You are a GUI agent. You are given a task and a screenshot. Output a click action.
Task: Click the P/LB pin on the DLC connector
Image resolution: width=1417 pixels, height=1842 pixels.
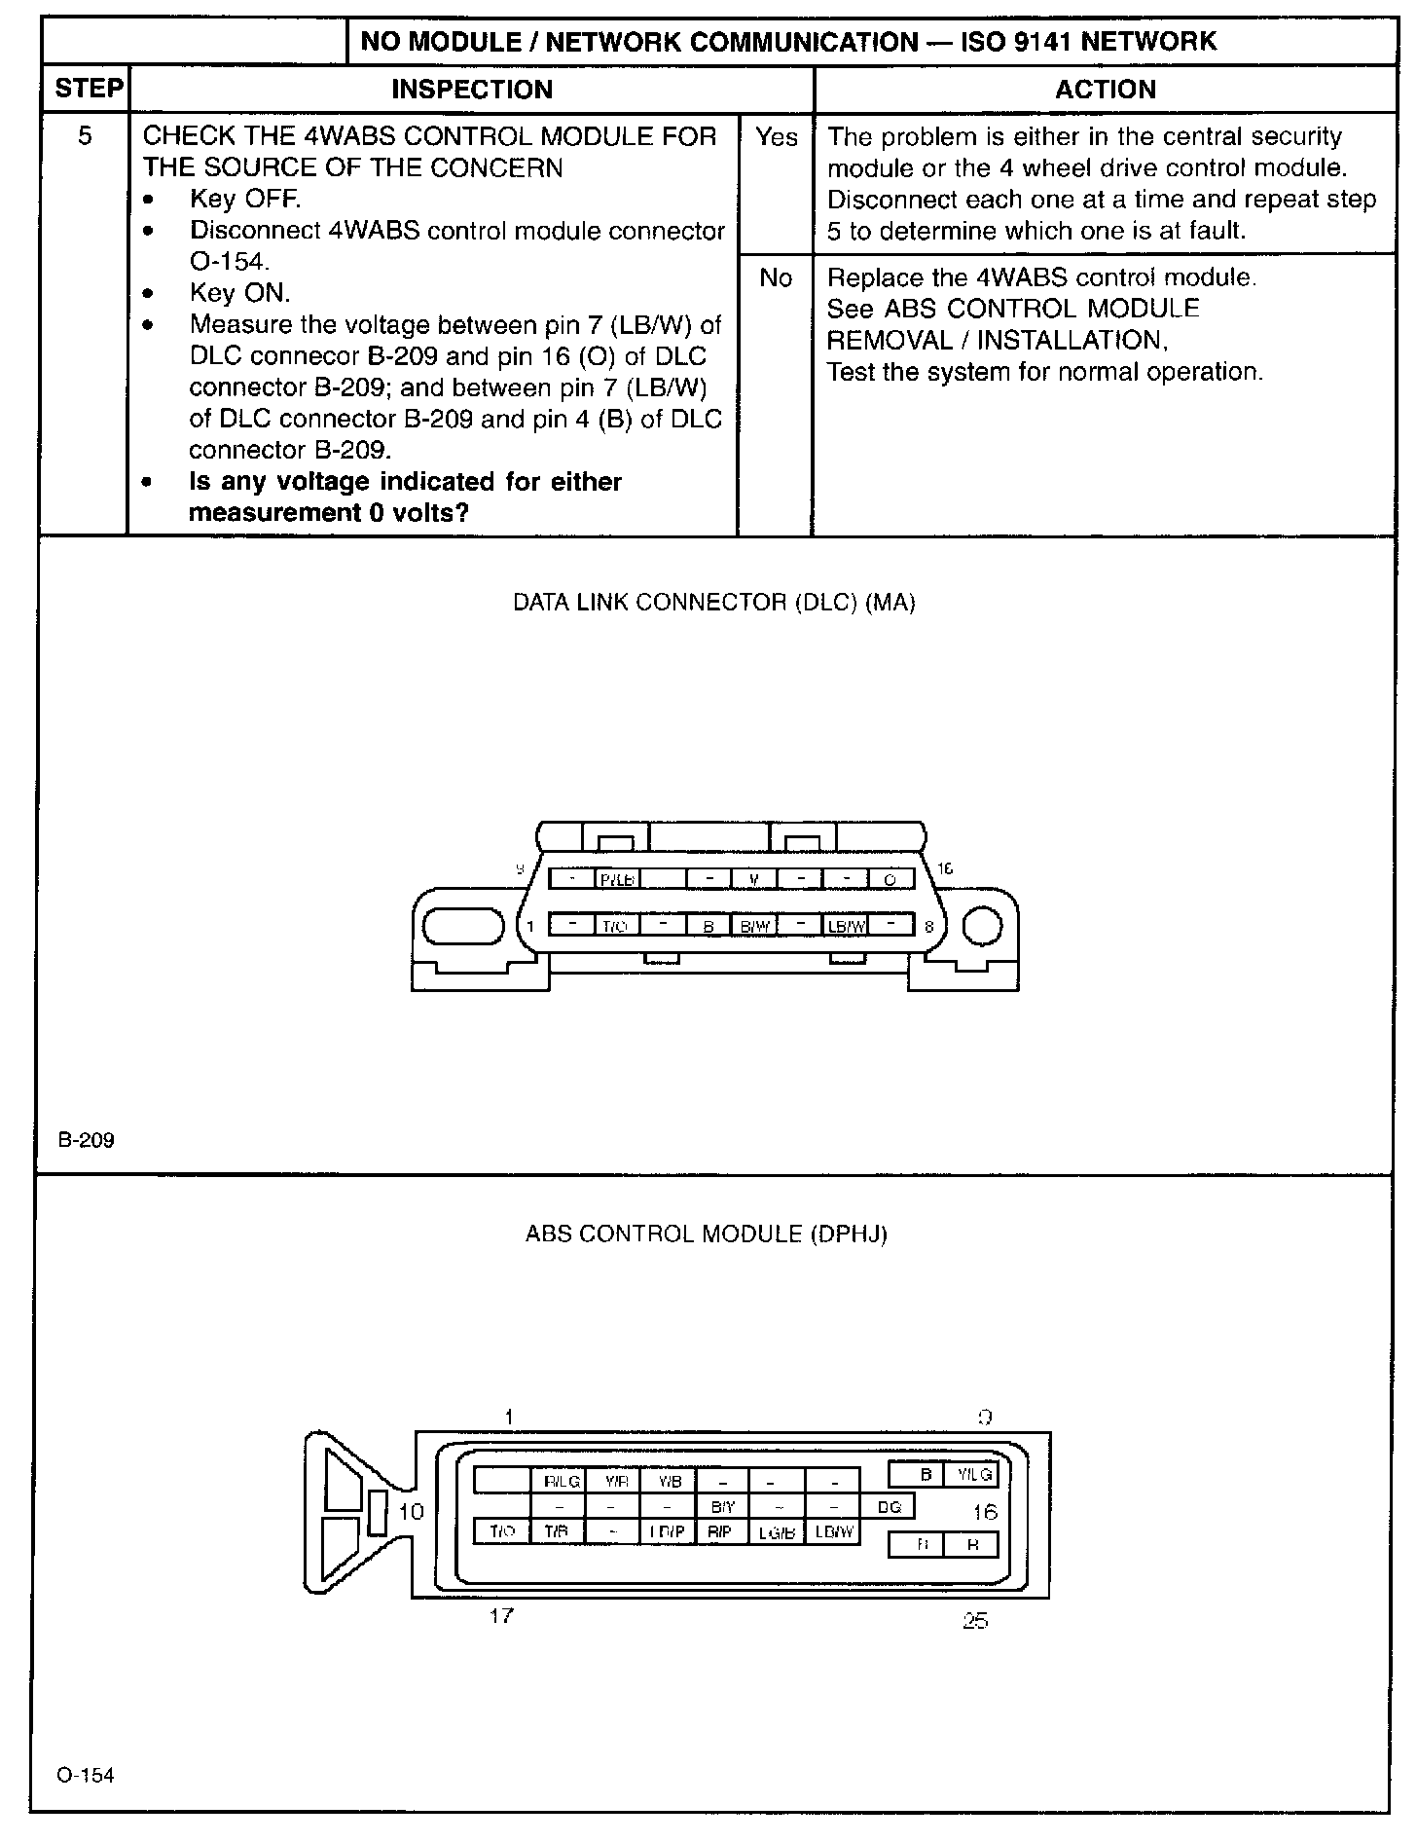[x=617, y=879]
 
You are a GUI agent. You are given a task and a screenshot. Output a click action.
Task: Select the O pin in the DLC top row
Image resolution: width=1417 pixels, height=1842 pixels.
[x=890, y=879]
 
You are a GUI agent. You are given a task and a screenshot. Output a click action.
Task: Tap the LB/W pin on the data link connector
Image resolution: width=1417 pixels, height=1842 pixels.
[x=845, y=926]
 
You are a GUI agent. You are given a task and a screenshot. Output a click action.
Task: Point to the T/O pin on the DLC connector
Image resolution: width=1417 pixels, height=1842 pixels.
[x=615, y=926]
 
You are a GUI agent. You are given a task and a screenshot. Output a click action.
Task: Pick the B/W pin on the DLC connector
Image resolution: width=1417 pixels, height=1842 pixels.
[x=754, y=926]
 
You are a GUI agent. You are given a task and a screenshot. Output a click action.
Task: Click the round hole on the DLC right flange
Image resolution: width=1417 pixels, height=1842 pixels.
[x=982, y=926]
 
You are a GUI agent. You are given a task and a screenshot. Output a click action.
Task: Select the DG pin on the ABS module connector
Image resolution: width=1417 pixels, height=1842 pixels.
[x=890, y=1507]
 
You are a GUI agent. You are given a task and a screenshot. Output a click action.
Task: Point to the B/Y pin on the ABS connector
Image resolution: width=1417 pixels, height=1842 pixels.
[x=722, y=1507]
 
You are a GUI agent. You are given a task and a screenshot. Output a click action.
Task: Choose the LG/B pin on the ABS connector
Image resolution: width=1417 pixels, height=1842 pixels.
[x=777, y=1532]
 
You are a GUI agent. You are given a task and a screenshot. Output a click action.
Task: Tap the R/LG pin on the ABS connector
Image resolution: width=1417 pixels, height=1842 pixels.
[x=562, y=1481]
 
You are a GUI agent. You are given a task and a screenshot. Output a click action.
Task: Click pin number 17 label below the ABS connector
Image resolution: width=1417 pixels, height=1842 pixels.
[x=501, y=1616]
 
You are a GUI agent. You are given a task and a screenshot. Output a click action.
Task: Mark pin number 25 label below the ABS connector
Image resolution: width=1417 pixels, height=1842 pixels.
[x=974, y=1621]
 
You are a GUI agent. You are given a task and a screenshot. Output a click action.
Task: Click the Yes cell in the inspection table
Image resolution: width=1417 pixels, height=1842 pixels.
[x=776, y=137]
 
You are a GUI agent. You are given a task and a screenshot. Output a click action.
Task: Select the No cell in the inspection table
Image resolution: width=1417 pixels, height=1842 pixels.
[x=776, y=278]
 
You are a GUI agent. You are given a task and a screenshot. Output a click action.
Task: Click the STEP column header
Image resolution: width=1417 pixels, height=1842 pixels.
[x=89, y=89]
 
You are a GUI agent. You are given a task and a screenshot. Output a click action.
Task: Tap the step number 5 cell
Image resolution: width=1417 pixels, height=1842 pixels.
[x=85, y=136]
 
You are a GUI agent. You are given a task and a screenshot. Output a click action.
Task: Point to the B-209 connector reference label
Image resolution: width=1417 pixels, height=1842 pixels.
[x=86, y=1140]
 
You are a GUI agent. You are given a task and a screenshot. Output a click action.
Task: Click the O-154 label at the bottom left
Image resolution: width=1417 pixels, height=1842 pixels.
[x=86, y=1775]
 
